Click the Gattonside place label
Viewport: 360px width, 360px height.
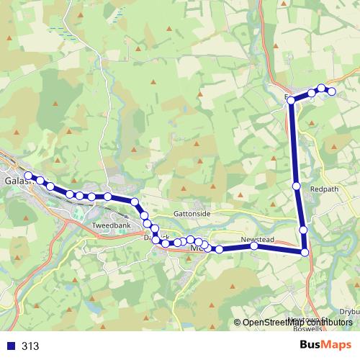point(192,215)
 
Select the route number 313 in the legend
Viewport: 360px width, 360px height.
point(30,346)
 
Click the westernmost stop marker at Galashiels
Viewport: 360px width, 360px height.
point(28,176)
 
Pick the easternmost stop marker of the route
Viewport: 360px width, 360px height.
point(332,91)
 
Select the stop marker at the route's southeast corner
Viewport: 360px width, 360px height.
point(305,252)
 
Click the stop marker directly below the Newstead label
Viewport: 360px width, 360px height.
point(254,246)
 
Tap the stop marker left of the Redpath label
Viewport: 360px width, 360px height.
point(297,186)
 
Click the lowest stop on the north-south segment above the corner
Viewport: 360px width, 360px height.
point(303,230)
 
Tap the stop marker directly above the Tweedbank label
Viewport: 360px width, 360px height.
point(107,197)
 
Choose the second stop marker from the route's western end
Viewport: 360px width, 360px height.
point(40,181)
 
